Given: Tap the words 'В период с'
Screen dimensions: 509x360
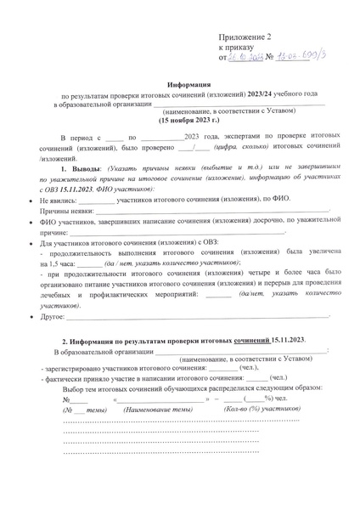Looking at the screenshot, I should [x=81, y=137].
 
